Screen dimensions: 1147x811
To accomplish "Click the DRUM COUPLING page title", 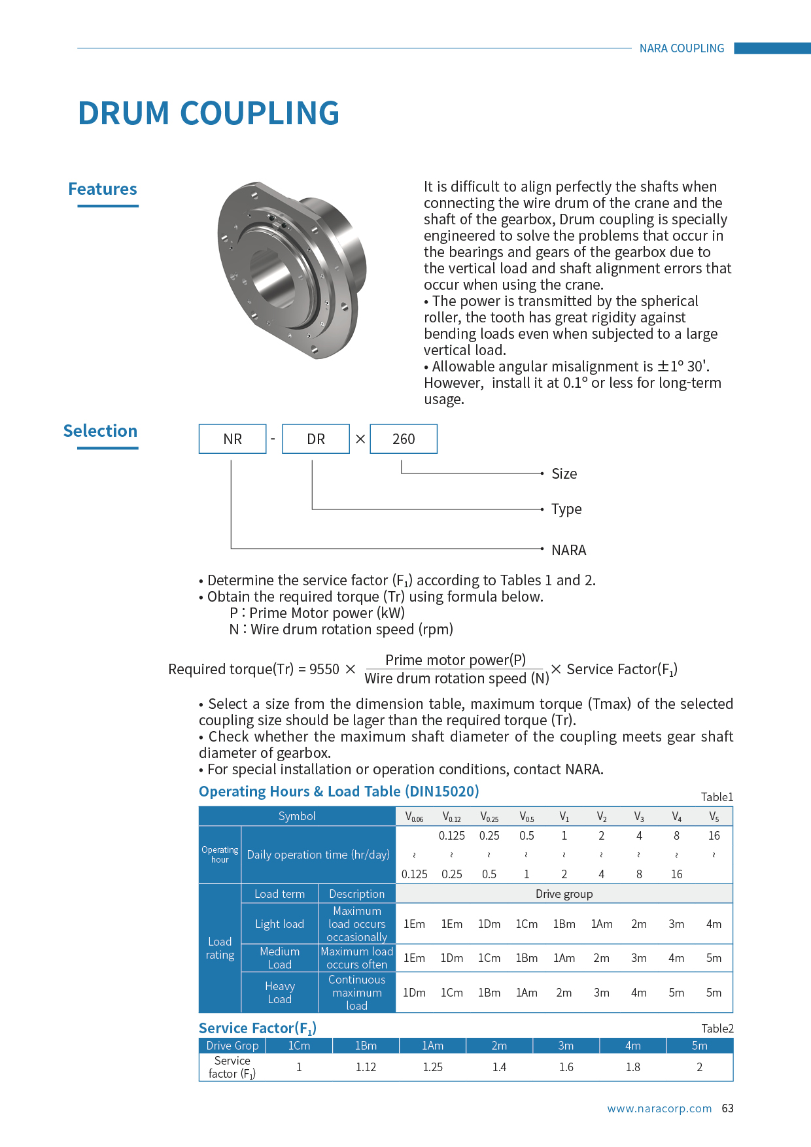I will (209, 113).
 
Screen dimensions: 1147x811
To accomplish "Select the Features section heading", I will (103, 189).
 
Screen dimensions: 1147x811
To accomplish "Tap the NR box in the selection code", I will (232, 439).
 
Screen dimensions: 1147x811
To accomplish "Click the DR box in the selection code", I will (316, 439).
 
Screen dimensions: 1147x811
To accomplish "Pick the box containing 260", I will (404, 439).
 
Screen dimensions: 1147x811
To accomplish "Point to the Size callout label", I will (564, 473).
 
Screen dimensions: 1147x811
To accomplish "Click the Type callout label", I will (566, 509).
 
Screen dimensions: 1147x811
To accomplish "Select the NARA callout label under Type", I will (568, 550).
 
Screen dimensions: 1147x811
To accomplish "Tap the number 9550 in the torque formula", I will (324, 669).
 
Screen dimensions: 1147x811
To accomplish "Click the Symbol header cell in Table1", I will (297, 816).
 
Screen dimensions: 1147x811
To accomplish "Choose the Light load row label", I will (279, 924).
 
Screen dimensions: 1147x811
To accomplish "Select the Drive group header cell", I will (564, 894).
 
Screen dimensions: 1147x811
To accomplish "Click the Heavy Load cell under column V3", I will (639, 993).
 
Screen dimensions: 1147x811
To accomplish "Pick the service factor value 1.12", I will (366, 1067).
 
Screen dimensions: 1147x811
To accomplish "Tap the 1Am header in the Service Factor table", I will (432, 1046).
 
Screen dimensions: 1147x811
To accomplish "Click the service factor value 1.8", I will (633, 1067).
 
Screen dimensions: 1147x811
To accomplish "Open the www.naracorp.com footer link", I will (659, 1108).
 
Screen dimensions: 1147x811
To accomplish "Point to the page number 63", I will (727, 1108).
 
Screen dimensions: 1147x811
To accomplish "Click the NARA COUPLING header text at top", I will (682, 48).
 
